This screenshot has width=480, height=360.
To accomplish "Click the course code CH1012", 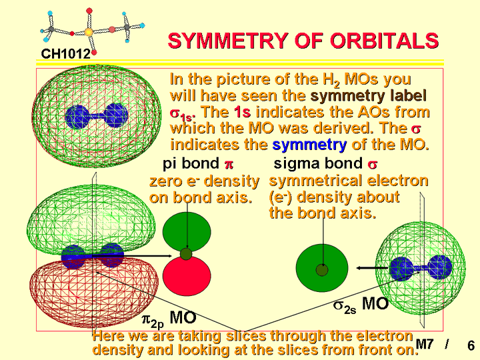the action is point(66,54).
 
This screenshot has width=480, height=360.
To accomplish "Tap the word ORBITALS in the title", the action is point(384,41).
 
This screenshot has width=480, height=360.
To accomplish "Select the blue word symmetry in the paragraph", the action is point(309,145).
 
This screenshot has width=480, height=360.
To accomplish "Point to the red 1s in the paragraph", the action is point(242,112).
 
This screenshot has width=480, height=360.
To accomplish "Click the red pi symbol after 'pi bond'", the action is point(229,165).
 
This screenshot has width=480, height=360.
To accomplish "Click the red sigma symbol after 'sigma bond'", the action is point(373,165).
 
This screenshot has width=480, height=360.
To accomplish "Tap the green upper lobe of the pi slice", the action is point(187,231).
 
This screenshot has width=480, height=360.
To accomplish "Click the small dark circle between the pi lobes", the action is point(186,254).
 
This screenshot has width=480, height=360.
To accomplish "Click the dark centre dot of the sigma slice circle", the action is point(322,270).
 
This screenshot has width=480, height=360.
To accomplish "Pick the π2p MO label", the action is point(169,319).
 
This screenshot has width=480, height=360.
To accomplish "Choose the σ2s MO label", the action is point(361,305).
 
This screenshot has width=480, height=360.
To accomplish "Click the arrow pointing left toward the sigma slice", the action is point(372,268).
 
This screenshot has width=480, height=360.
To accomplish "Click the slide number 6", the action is point(471,345).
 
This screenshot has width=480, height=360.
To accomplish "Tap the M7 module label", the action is point(425,345).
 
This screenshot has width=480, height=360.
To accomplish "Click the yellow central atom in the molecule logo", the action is point(89,32).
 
